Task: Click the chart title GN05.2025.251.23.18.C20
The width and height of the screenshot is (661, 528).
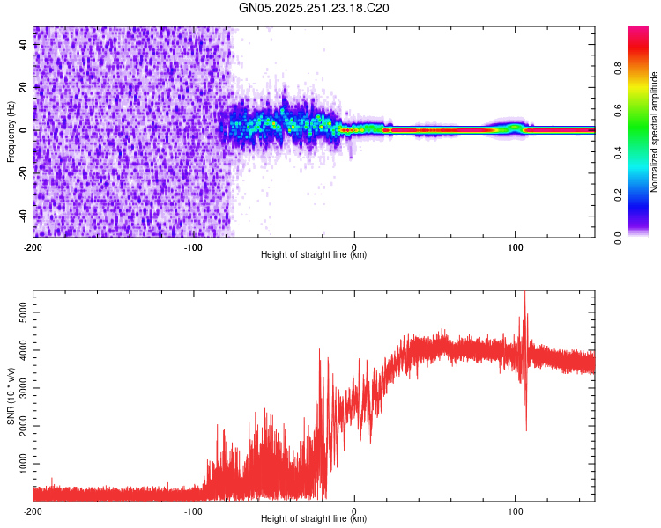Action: (x=315, y=8)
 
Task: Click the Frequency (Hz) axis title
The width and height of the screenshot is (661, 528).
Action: (x=11, y=131)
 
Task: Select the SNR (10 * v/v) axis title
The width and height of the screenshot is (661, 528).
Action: (x=11, y=394)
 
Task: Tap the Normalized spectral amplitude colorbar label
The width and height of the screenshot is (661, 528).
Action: (x=655, y=132)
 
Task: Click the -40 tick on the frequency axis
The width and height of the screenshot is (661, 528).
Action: (x=21, y=216)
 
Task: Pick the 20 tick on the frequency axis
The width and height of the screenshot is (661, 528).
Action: (x=24, y=88)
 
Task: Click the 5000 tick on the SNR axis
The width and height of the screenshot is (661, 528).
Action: (x=19, y=312)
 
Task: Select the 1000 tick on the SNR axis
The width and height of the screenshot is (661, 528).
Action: (x=19, y=463)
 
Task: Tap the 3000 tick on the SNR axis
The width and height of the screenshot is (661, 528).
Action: (x=19, y=387)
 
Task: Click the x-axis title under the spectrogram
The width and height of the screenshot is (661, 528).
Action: (x=314, y=255)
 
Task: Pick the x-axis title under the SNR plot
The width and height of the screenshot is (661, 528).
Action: (x=314, y=519)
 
